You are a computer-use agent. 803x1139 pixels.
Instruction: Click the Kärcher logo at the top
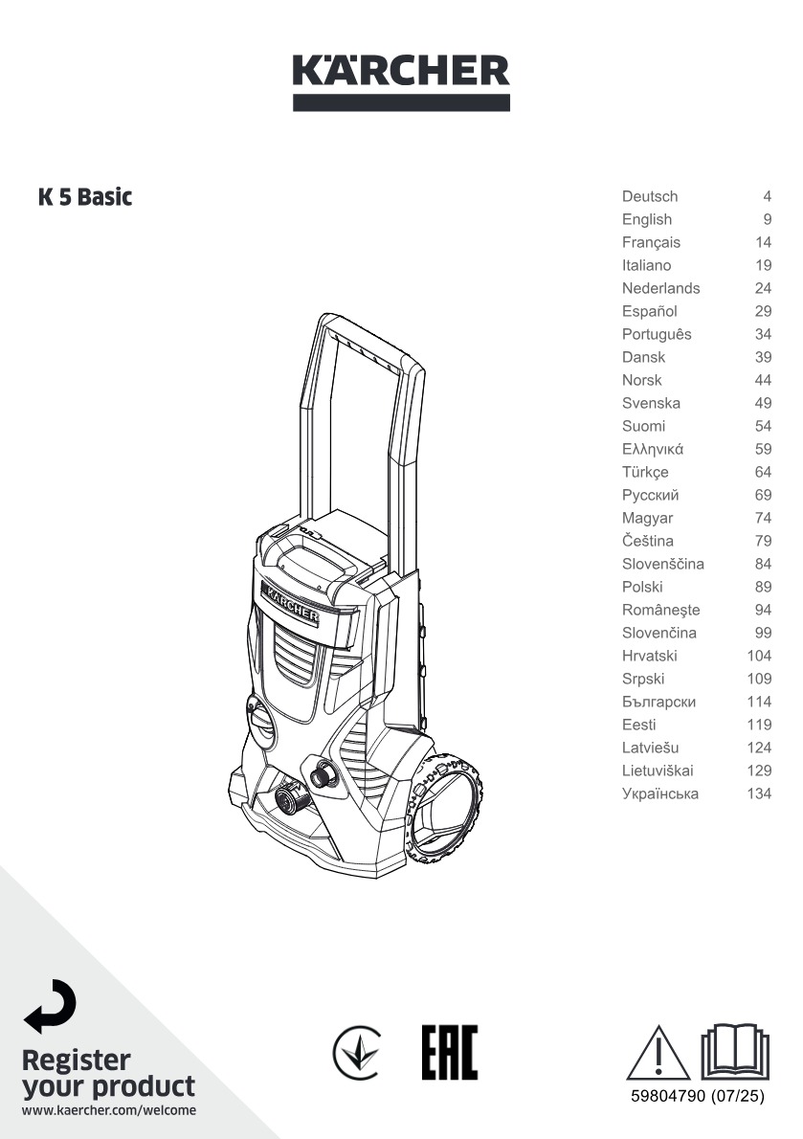coord(401,81)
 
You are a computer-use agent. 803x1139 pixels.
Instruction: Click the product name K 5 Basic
coord(85,197)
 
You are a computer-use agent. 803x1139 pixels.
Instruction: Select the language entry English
coord(646,219)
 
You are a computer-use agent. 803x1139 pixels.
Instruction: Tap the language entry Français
coord(651,242)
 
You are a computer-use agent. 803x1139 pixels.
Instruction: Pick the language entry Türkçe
coord(645,472)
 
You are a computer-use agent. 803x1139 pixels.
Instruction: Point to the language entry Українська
coord(660,794)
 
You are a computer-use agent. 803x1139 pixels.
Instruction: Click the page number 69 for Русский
coord(763,496)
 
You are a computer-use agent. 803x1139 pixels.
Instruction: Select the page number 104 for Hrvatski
coord(759,656)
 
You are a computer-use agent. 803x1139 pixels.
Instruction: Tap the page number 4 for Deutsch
coord(768,196)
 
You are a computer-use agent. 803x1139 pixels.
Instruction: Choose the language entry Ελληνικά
coord(652,449)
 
